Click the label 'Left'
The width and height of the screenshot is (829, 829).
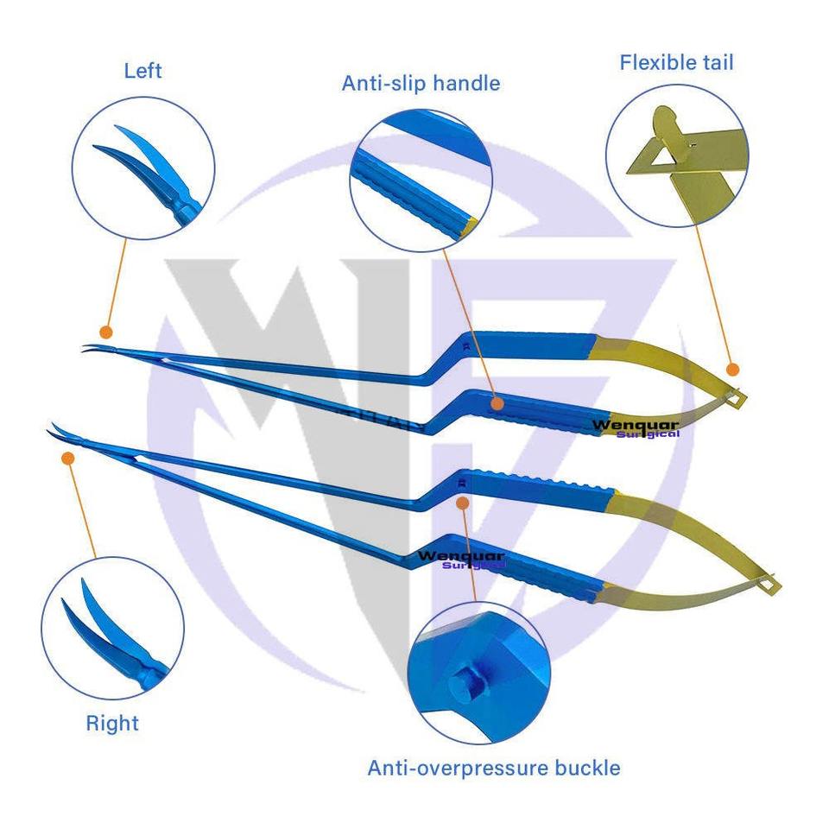click(142, 70)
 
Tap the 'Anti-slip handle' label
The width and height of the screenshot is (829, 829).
click(421, 83)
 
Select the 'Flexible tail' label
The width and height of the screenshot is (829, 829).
click(676, 62)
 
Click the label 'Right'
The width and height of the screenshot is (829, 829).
click(112, 722)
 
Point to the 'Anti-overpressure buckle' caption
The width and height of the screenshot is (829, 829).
click(493, 768)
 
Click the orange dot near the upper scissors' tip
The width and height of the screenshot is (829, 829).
click(106, 332)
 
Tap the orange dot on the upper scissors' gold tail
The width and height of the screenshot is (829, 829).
click(732, 370)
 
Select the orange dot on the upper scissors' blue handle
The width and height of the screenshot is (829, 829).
click(497, 402)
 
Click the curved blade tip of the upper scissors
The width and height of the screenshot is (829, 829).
click(89, 349)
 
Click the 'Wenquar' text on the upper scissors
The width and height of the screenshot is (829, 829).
click(636, 424)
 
